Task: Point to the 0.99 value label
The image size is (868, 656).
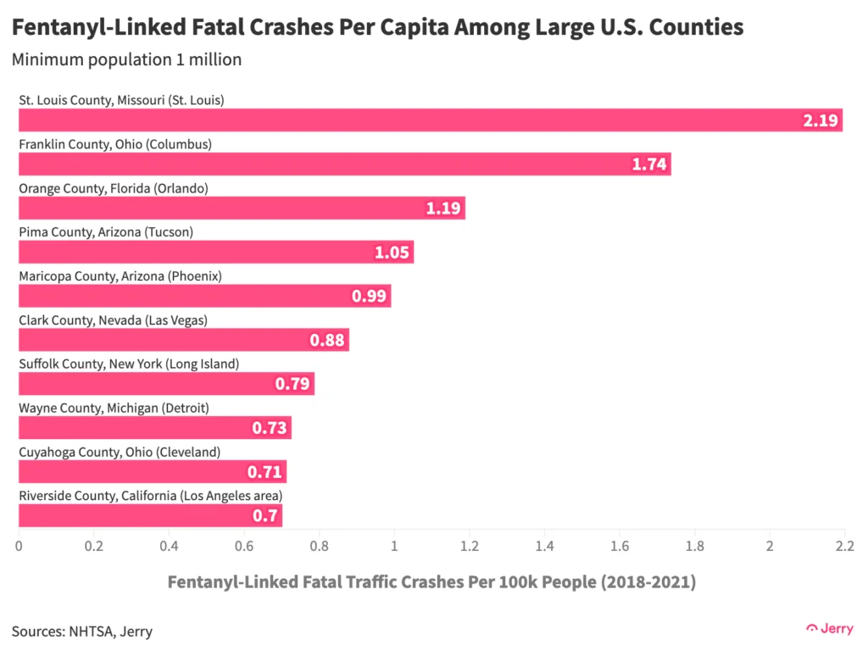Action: tap(369, 296)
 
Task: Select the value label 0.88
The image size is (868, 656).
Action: tap(327, 340)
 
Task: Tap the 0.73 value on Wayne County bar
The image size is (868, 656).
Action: tap(270, 428)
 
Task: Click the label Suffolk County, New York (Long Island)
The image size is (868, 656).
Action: tap(129, 364)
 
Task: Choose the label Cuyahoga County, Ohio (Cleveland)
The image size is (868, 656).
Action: tap(120, 452)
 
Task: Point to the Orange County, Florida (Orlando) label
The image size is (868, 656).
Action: tap(114, 188)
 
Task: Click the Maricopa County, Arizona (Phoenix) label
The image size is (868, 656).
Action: tap(120, 276)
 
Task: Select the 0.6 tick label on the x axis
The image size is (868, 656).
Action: tap(244, 546)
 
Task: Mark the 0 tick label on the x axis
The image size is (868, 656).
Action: tap(19, 546)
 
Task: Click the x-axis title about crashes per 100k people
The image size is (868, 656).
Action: tap(431, 582)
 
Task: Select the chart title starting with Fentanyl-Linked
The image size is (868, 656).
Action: tap(377, 28)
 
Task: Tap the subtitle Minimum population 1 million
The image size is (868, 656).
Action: tap(127, 60)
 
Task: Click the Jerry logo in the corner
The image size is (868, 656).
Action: tap(829, 628)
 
